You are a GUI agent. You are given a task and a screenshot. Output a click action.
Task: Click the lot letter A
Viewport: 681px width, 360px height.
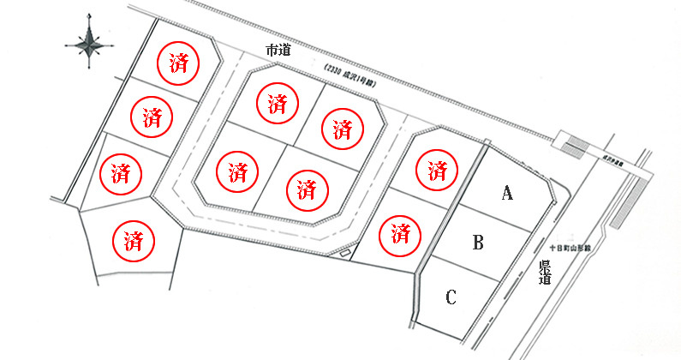click(x=506, y=194)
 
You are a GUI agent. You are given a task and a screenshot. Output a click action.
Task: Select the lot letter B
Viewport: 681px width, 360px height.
click(x=479, y=243)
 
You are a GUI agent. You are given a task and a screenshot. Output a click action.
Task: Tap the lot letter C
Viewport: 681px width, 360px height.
click(x=451, y=297)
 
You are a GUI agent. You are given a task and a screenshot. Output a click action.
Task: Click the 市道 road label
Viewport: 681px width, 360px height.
click(x=279, y=51)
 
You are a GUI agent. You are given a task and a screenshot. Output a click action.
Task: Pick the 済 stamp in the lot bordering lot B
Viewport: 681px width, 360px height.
click(x=399, y=232)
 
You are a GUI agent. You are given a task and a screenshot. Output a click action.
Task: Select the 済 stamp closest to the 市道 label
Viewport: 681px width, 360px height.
click(x=277, y=105)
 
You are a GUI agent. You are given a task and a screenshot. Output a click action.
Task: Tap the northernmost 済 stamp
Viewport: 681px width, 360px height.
click(x=178, y=62)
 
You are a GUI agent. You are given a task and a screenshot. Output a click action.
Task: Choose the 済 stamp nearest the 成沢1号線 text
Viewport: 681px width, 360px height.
click(x=343, y=129)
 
